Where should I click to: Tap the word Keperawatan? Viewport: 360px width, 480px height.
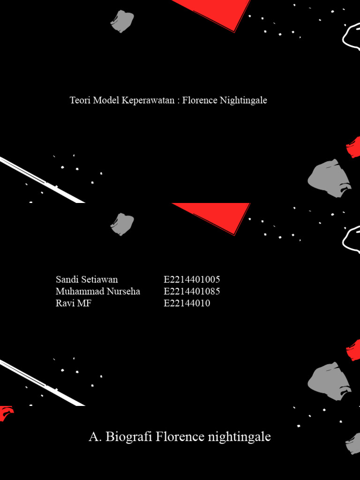[148, 100]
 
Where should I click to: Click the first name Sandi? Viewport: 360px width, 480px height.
[65, 279]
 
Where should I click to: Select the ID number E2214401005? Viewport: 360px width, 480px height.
[192, 279]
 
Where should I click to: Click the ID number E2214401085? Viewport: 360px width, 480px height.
[192, 291]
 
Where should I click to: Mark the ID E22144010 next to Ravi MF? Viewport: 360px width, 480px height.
[187, 303]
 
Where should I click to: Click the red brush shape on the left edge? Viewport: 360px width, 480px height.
[6, 413]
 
